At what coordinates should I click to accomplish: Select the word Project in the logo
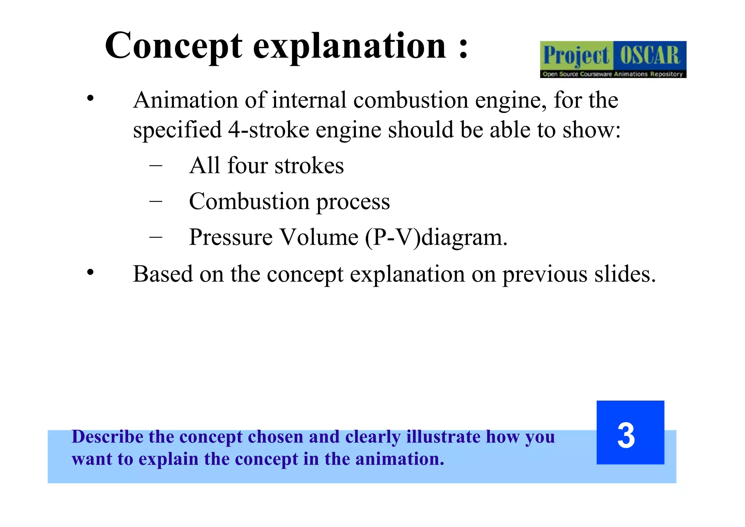(x=576, y=56)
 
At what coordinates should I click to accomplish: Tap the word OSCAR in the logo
(x=650, y=56)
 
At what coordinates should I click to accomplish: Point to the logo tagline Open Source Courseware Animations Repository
(x=613, y=74)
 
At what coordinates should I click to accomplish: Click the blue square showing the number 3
(x=630, y=432)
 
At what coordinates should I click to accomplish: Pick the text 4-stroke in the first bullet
(x=268, y=130)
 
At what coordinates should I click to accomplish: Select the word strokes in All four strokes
(x=309, y=166)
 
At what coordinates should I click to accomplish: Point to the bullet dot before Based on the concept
(x=91, y=272)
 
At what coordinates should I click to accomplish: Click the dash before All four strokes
(x=156, y=166)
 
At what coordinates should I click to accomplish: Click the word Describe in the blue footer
(x=108, y=437)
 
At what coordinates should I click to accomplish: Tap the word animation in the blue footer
(x=399, y=459)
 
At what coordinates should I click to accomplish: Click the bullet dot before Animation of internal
(x=91, y=98)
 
